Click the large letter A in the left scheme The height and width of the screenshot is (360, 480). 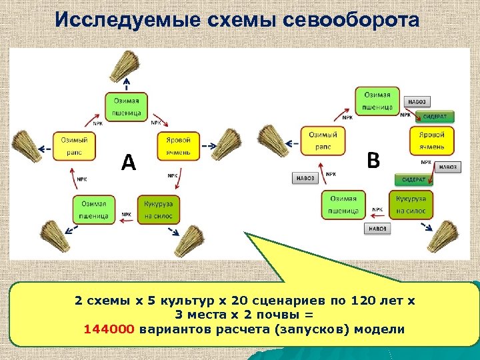(128, 161)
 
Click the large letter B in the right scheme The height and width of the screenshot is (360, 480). (374, 160)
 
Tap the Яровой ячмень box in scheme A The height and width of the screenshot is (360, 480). (178, 145)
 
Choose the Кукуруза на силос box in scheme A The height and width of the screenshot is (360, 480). (157, 209)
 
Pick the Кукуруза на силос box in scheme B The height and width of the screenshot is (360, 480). (411, 205)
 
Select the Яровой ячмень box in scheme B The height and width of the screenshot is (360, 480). (431, 141)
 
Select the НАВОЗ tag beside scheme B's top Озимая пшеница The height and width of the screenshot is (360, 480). (416, 101)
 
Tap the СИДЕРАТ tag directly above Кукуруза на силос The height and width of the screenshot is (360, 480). (414, 179)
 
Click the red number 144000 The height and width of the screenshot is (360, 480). (109, 329)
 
